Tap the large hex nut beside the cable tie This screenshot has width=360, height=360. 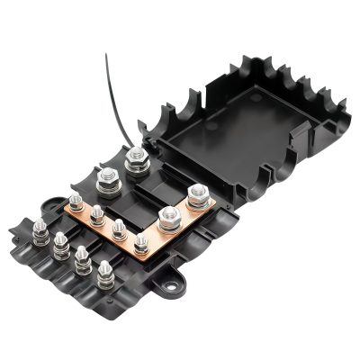(137, 162)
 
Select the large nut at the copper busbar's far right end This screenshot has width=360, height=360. (198, 192)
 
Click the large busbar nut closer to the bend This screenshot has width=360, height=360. (167, 215)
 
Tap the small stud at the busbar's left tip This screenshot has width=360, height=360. (73, 202)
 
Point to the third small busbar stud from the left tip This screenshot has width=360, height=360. (118, 228)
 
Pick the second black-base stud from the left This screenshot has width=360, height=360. (60, 240)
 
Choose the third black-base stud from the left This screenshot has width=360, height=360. (83, 256)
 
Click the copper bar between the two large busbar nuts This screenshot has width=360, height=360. (184, 205)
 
